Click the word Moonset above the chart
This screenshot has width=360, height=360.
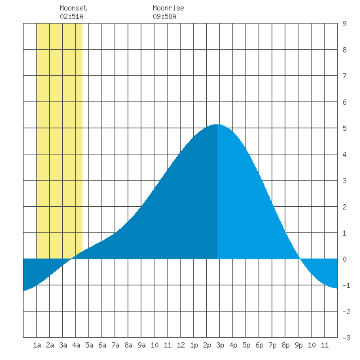[73, 8]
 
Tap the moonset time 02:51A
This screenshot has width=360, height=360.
[71, 16]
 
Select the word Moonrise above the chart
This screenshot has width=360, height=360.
[168, 8]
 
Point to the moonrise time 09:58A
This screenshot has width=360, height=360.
[164, 16]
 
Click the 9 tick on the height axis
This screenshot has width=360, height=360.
[344, 24]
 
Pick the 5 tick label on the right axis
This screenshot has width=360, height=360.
[344, 128]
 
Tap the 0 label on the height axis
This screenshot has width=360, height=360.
[344, 259]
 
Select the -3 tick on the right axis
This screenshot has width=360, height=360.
[346, 338]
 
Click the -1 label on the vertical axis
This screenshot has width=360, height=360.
[346, 285]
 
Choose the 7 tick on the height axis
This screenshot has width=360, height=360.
[344, 76]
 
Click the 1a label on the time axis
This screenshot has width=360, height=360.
[37, 345]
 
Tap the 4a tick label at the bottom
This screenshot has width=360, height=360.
[76, 345]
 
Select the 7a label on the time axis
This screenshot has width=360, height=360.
[115, 345]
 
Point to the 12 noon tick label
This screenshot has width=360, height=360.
[181, 345]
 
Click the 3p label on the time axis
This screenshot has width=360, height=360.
[220, 345]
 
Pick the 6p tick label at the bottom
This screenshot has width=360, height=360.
[259, 345]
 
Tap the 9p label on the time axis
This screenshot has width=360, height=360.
[298, 345]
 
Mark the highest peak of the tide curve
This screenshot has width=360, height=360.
[217, 124]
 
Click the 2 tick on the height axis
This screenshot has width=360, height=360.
[344, 207]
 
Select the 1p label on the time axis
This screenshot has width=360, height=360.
[194, 345]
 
